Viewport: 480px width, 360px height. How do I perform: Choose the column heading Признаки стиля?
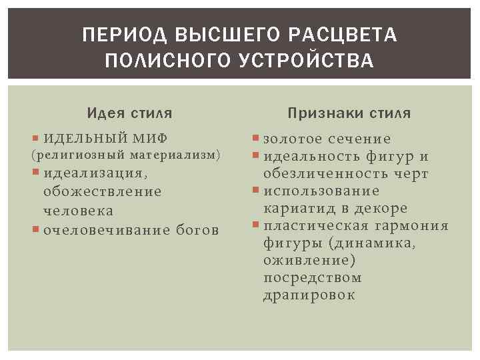pos(349,113)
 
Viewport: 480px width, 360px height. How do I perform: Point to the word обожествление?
pos(102,191)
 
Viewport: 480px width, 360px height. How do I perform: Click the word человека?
pos(78,211)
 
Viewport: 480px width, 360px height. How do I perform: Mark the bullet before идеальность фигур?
pos(257,157)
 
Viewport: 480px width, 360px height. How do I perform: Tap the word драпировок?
pos(309,295)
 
